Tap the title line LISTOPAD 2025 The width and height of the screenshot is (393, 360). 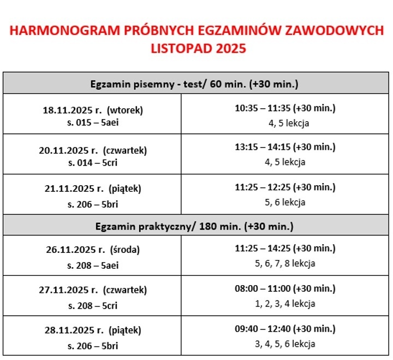click(198, 49)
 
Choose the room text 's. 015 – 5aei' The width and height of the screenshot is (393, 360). click(93, 122)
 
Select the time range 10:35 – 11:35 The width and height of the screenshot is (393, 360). click(263, 108)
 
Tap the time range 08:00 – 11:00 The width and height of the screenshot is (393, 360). click(263, 288)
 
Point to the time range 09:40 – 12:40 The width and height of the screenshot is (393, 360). click(263, 329)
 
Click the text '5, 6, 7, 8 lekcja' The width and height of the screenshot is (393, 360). click(285, 263)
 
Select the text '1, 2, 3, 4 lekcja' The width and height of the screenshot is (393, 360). click(285, 304)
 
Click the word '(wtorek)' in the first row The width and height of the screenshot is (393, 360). click(125, 110)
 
